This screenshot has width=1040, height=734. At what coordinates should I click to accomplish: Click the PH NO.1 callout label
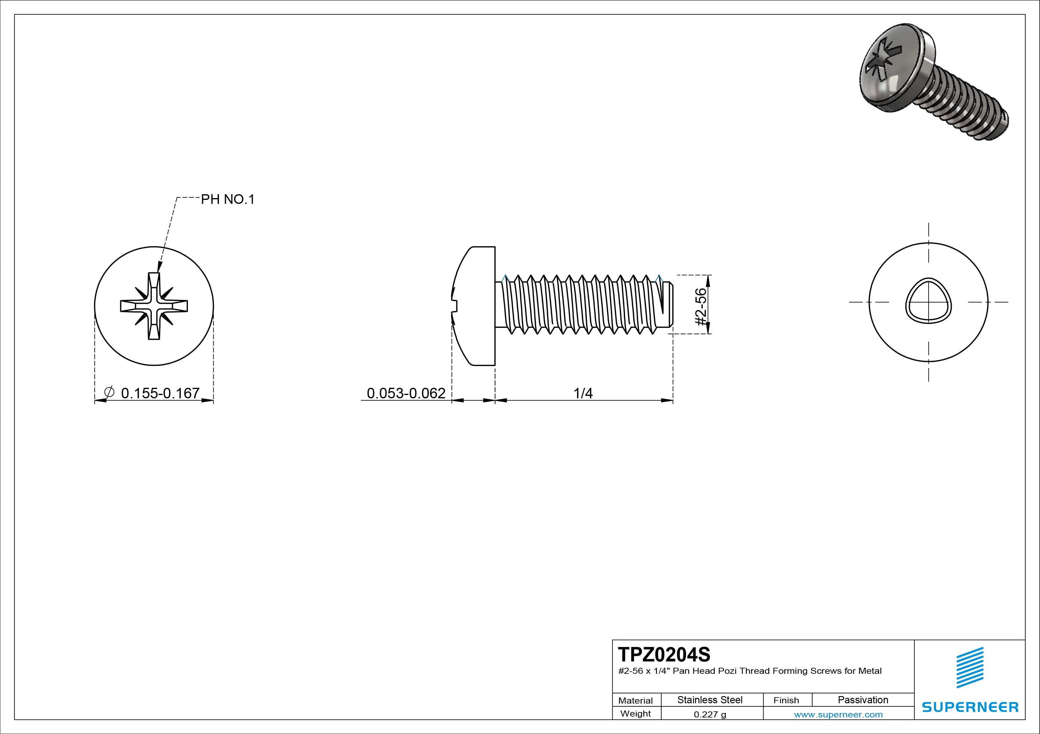coord(228,199)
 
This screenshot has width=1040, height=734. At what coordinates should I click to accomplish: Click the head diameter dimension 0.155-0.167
coord(160,393)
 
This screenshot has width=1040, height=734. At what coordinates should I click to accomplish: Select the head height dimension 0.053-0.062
coord(406,393)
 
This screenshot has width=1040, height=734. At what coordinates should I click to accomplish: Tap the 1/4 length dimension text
coord(583,393)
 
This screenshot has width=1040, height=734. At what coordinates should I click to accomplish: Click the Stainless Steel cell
coord(710,700)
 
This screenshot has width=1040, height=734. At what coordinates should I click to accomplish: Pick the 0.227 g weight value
coord(710,714)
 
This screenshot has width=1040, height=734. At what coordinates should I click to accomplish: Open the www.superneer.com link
coord(838,714)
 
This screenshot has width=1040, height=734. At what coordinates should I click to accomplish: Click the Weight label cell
coord(636,714)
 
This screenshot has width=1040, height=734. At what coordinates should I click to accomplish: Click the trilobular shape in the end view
coord(928,301)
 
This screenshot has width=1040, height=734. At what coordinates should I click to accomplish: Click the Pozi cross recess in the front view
coord(154,306)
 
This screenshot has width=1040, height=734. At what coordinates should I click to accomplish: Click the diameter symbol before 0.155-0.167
coord(109,392)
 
